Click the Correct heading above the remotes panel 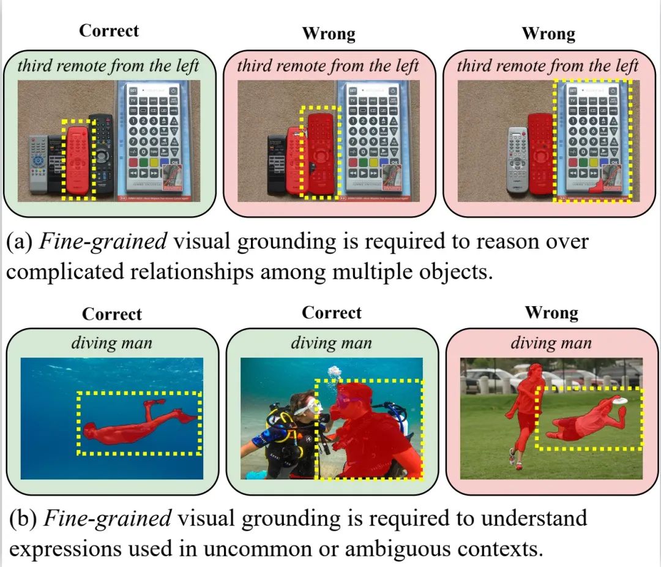[x=109, y=31]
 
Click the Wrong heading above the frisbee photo [x=551, y=314]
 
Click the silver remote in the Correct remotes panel [x=38, y=162]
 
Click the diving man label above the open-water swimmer [x=111, y=342]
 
